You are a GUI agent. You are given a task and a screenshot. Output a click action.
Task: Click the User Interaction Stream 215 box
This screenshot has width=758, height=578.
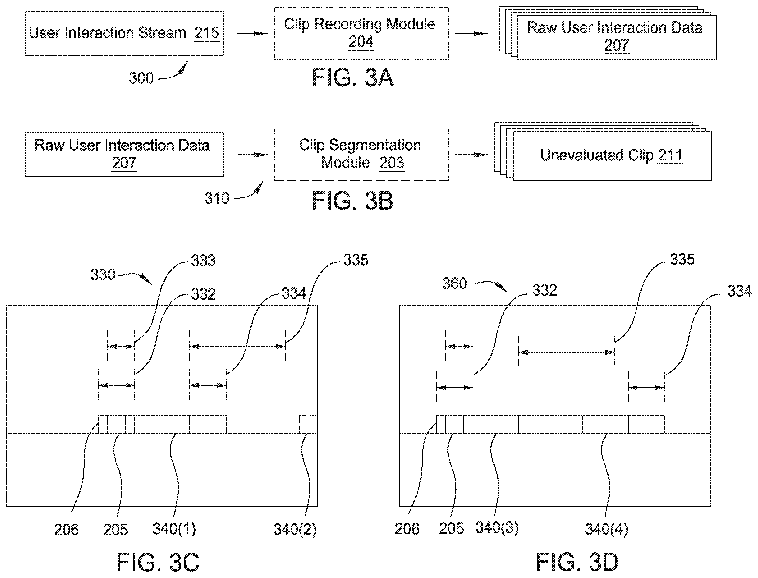coord(124,33)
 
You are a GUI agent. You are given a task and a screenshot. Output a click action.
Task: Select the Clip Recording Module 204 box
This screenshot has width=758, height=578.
coord(361,33)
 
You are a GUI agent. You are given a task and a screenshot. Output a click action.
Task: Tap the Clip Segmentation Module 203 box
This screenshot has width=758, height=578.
coord(361,155)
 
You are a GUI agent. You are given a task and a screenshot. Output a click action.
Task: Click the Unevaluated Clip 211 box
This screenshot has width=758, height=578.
coord(612,156)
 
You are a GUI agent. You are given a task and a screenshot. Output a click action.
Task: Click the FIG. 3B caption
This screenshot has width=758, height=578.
coord(353,200)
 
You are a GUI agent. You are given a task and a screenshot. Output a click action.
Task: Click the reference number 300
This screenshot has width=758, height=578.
coord(141,78)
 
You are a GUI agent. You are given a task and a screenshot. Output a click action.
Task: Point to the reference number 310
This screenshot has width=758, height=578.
coord(217,198)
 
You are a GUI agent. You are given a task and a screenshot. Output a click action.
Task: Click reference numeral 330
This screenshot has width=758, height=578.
coord(103,275)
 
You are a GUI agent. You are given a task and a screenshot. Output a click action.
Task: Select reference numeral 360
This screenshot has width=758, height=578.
coord(455,284)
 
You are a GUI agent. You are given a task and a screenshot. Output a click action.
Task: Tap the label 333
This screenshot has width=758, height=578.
coord(203,261)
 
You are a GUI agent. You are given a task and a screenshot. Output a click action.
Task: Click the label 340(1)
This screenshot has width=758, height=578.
coord(175,529)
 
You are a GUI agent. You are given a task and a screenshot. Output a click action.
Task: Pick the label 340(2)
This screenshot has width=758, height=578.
coord(295,529)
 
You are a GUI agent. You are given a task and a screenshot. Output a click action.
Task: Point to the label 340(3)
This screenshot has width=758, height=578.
coord(497,527)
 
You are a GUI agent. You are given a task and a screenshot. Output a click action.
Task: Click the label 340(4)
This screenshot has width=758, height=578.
coord(606,529)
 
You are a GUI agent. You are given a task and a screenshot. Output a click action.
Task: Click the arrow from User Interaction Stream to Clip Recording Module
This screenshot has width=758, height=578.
coord(252,33)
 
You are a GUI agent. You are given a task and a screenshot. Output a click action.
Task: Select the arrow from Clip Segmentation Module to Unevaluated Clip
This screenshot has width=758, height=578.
coord(471,155)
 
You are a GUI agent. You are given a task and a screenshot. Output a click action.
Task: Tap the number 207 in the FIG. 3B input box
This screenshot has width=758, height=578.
coord(124,163)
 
